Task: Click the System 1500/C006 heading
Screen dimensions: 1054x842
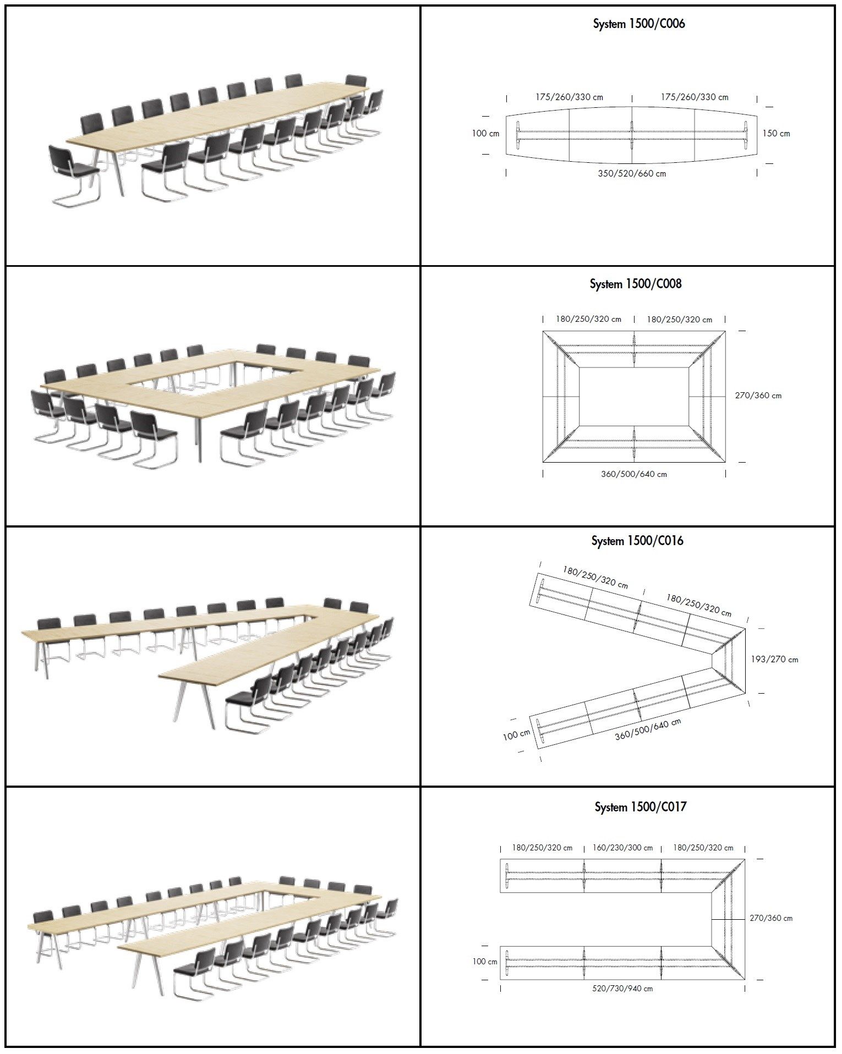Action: (638, 24)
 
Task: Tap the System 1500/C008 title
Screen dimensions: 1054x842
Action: (635, 284)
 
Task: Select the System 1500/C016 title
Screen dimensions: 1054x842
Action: (637, 541)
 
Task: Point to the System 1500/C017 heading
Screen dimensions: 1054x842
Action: (640, 807)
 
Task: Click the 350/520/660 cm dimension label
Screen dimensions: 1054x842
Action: (632, 174)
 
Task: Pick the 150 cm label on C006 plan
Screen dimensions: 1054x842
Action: (776, 133)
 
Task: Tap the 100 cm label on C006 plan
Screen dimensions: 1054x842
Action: (485, 133)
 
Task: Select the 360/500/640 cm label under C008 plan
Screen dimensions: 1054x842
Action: (633, 474)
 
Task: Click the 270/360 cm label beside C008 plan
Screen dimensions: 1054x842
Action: (758, 396)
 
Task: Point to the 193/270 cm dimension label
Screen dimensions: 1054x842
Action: (774, 659)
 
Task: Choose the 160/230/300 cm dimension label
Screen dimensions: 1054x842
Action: (622, 848)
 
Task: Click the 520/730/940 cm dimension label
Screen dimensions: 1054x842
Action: (622, 989)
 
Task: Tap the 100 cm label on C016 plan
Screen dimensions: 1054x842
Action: (516, 735)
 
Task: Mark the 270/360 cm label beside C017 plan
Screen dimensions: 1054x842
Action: (770, 918)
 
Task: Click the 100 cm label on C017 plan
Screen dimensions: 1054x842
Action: (485, 962)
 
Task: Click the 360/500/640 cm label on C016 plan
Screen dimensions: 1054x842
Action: (647, 729)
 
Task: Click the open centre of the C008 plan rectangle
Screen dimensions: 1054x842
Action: (633, 396)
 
